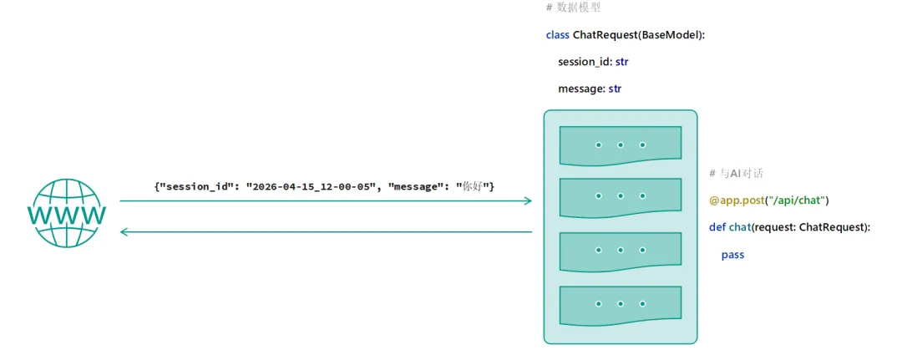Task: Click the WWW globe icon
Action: [66, 213]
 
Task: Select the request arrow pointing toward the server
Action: [326, 200]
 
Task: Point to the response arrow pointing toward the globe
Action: [326, 231]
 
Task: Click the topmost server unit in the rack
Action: [620, 146]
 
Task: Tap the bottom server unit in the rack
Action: [620, 305]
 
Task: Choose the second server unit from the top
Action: [620, 198]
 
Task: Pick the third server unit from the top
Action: [620, 251]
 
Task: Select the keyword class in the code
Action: [557, 34]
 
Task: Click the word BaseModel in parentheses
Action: [671, 34]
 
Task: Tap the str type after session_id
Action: [622, 62]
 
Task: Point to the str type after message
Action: [615, 89]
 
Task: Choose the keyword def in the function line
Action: [717, 227]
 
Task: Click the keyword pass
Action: [733, 254]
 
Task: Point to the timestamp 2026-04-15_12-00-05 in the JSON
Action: [307, 187]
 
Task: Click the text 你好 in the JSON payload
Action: [472, 187]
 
